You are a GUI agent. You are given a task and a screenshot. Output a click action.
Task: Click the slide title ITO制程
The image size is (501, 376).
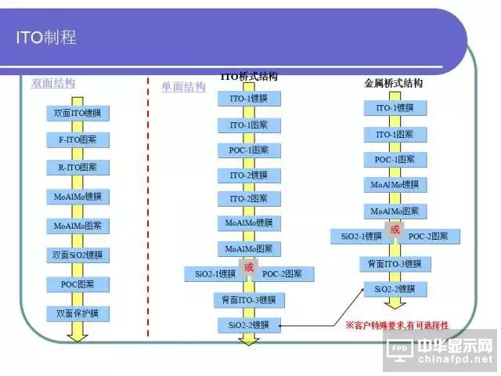point(47,38)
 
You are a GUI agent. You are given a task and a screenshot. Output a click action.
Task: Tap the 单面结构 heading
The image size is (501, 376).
point(183,87)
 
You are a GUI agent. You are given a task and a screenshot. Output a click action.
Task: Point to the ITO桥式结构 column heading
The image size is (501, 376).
point(249,77)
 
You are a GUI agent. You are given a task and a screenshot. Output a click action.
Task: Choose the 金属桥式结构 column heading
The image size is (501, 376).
point(394,83)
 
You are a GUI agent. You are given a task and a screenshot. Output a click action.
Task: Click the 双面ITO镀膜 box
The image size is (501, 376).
point(77,114)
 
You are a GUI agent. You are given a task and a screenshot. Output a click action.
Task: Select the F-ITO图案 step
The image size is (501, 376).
point(77,140)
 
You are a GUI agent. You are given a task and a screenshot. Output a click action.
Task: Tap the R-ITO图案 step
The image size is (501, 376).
point(77,168)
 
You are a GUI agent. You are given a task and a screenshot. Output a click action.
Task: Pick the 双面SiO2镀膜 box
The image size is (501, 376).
point(77,255)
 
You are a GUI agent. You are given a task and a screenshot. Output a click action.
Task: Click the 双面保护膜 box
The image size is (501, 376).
point(77,314)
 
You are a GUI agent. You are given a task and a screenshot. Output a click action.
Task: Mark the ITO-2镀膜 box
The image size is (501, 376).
point(249,175)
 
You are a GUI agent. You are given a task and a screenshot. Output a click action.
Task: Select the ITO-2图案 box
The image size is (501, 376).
point(249,199)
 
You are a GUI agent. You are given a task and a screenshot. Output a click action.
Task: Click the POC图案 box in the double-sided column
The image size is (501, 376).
point(77,284)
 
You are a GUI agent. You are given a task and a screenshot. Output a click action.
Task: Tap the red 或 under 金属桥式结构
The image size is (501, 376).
point(395,230)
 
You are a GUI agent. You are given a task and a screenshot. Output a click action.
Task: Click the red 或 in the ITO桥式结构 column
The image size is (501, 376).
point(249,268)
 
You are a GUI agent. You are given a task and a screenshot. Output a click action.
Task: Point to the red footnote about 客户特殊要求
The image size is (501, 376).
point(397,324)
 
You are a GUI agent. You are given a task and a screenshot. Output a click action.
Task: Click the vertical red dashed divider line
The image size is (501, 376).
point(148,204)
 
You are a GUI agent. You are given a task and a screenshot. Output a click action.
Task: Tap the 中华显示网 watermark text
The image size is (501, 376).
point(455,345)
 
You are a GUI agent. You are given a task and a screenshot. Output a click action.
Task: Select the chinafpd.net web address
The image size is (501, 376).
point(454,360)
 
